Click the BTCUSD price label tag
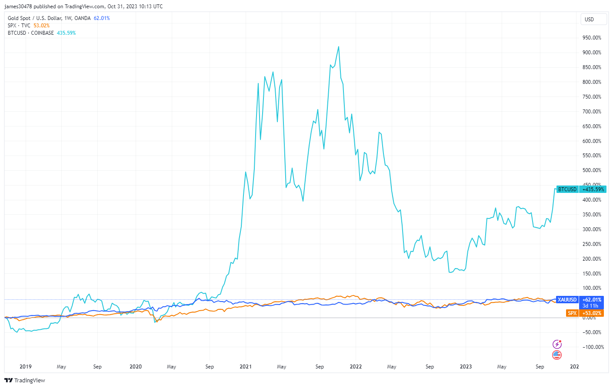tap(567, 189)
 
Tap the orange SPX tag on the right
tap(572, 313)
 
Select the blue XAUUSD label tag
tap(567, 300)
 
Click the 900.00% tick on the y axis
tap(592, 53)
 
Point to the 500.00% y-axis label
tap(592, 170)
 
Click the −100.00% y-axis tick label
tap(593, 347)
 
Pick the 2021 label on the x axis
tap(246, 367)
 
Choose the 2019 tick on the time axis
tap(26, 367)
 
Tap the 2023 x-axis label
tap(466, 367)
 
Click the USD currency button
tap(589, 20)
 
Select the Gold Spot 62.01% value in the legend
tap(102, 18)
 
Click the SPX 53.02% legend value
tap(41, 26)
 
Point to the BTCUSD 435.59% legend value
tap(66, 33)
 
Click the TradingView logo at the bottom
tap(25, 381)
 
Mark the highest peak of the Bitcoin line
tap(339, 47)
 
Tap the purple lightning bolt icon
tap(557, 345)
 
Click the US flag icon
tap(557, 355)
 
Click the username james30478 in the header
tap(18, 7)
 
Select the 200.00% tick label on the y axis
tap(592, 259)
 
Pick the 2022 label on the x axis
tap(356, 367)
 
